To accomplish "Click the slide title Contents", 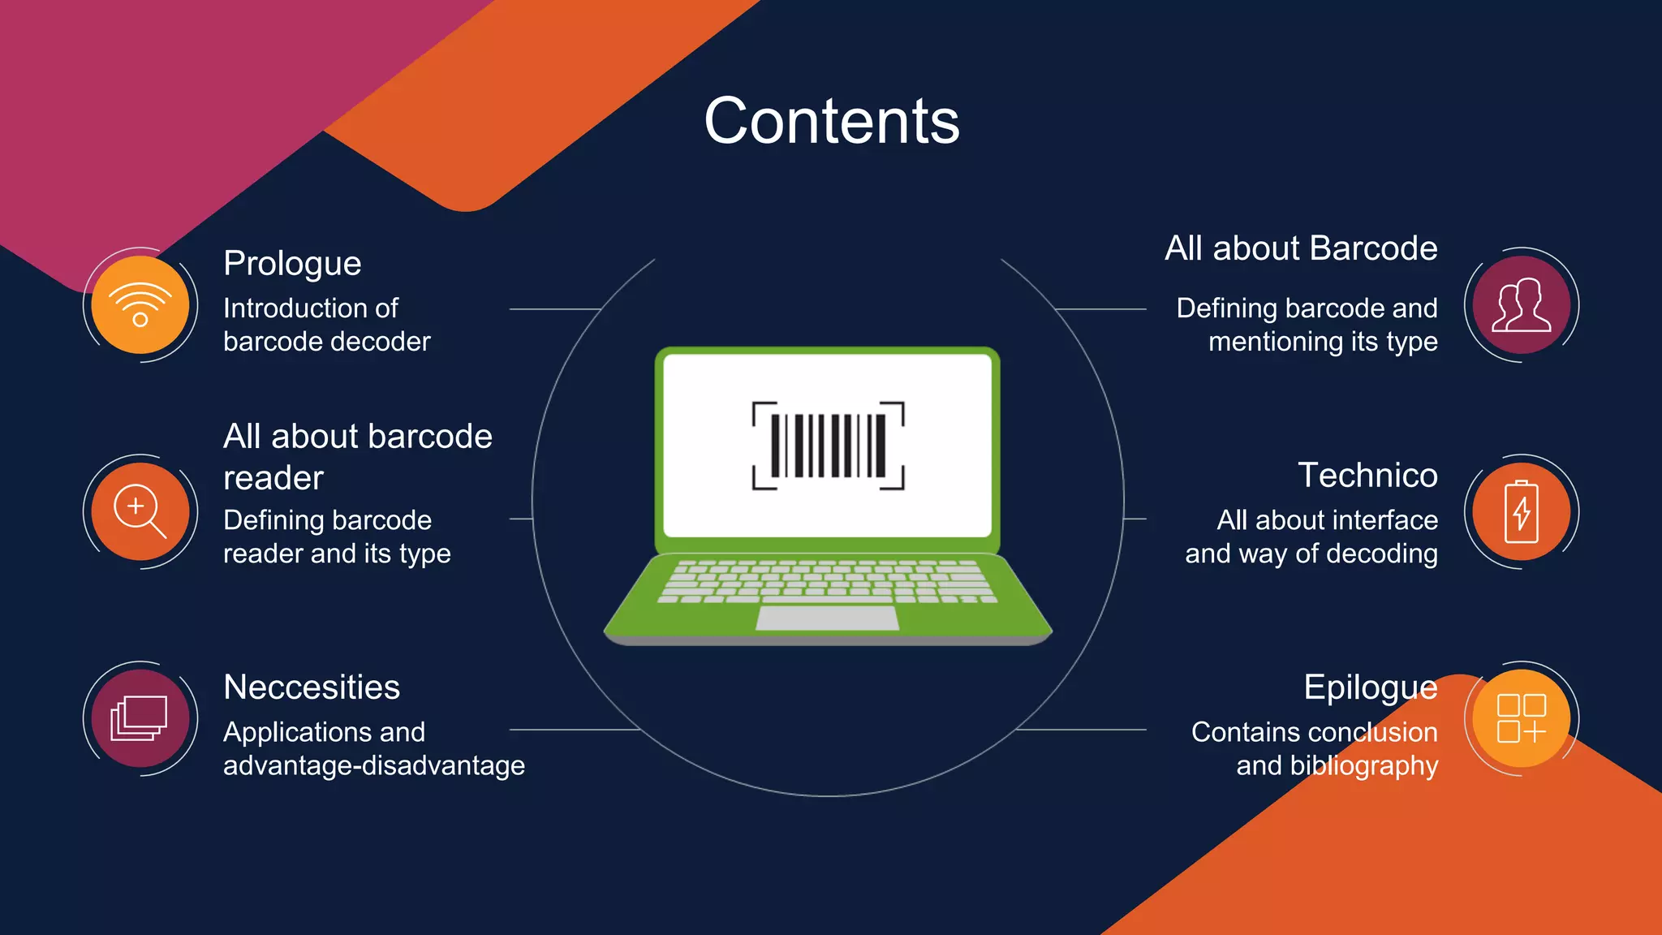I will [x=831, y=121].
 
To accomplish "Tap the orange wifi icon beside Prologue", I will [x=140, y=304].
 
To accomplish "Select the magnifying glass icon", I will [x=140, y=511].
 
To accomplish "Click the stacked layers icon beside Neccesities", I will [x=140, y=718].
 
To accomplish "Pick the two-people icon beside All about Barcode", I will [x=1521, y=304].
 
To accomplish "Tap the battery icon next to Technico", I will [x=1521, y=511].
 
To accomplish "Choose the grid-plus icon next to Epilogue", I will [x=1521, y=718].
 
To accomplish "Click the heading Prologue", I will [x=292, y=264].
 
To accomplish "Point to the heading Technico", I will [x=1367, y=476].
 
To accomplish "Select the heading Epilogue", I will [x=1370, y=687].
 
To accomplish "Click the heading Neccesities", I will [x=312, y=687].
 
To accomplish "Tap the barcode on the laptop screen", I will [x=828, y=446].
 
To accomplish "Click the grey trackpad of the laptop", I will [x=827, y=618].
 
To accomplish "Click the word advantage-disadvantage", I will [x=374, y=765].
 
